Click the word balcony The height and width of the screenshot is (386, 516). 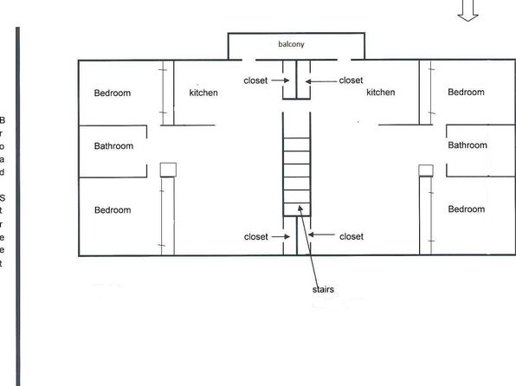291,44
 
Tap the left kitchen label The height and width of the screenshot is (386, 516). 203,93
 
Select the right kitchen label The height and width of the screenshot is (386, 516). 381,92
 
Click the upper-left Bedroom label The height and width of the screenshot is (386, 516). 113,93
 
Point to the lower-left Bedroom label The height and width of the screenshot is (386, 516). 113,210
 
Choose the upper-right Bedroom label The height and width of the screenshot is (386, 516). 466,92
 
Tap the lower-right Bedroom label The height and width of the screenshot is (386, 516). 467,209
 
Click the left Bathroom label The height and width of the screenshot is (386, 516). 113,146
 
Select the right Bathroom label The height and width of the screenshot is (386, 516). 468,145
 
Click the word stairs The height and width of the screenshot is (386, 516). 323,289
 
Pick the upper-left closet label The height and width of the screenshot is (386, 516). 255,80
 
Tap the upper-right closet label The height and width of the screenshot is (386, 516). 351,80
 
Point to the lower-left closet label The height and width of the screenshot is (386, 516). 255,236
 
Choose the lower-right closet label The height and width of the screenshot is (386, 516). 352,236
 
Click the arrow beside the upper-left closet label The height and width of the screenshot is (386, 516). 281,80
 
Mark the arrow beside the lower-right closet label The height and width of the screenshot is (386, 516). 321,235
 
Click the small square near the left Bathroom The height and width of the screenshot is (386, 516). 168,170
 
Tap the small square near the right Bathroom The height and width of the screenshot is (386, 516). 426,170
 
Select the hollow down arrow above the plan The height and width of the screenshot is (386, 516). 468,10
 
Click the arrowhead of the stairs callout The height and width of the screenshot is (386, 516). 300,209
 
